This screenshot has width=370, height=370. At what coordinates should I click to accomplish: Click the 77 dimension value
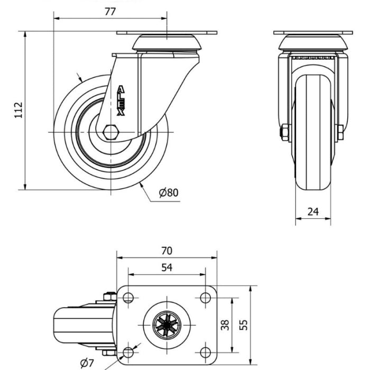pyautogui.click(x=110, y=12)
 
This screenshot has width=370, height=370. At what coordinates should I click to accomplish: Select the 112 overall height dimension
pyautogui.click(x=18, y=110)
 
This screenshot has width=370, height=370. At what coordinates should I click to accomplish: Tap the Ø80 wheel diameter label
pyautogui.click(x=169, y=192)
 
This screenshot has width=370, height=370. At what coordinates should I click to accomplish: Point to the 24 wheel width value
pyautogui.click(x=313, y=211)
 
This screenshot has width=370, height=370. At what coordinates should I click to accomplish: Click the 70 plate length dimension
pyautogui.click(x=167, y=251)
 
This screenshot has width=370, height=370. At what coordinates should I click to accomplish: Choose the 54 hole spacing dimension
pyautogui.click(x=167, y=267)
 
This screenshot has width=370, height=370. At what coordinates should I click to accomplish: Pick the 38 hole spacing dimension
pyautogui.click(x=225, y=325)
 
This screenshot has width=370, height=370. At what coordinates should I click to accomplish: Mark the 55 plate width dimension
pyautogui.click(x=243, y=325)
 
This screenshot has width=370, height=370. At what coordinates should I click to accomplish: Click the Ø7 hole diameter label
pyautogui.click(x=87, y=363)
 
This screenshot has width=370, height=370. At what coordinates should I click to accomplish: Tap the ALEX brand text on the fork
pyautogui.click(x=121, y=100)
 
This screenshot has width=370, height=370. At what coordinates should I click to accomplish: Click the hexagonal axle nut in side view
pyautogui.click(x=110, y=132)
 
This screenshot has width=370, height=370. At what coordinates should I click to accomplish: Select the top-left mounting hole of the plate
pyautogui.click(x=128, y=298)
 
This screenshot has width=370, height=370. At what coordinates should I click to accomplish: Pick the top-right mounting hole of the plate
pyautogui.click(x=205, y=298)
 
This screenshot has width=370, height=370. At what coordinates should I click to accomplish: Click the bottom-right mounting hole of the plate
pyautogui.click(x=205, y=353)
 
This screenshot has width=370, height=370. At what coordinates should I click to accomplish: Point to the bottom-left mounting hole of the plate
pyautogui.click(x=128, y=353)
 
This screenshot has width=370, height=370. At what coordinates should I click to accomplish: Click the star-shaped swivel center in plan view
pyautogui.click(x=167, y=325)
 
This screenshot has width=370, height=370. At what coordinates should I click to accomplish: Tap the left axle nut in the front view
pyautogui.click(x=284, y=133)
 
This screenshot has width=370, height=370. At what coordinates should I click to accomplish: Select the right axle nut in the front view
pyautogui.click(x=340, y=133)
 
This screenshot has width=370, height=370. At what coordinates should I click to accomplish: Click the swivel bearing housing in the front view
pyautogui.click(x=313, y=42)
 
